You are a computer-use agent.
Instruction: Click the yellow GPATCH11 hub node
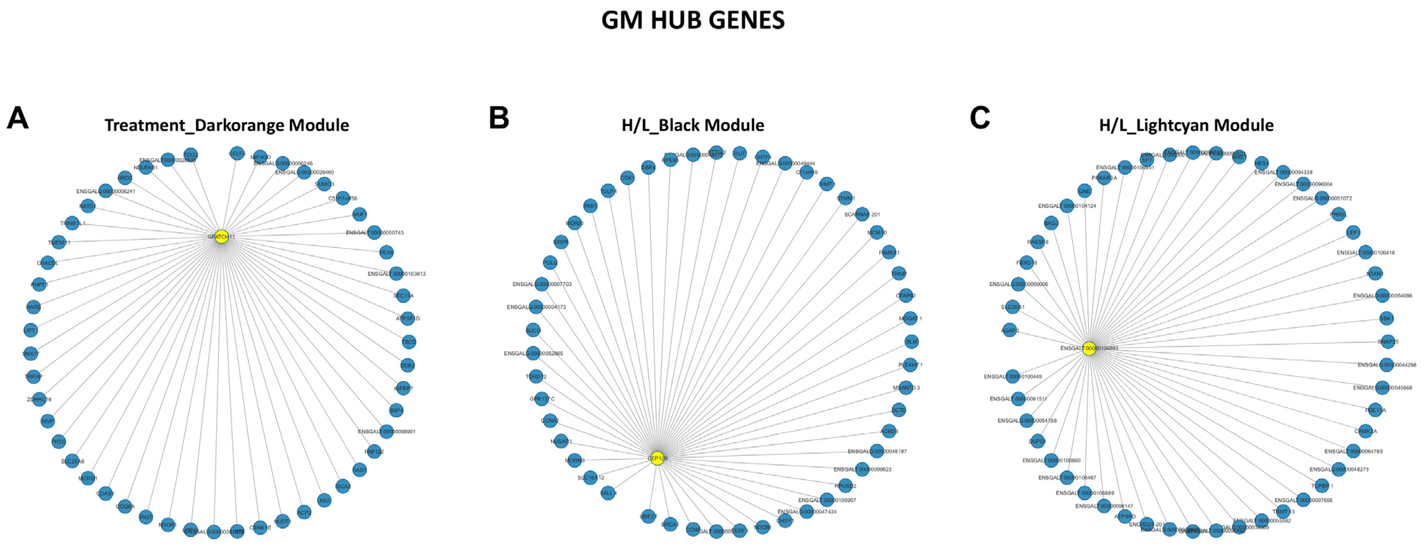pos(221,237)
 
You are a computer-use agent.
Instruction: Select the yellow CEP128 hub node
pos(657,458)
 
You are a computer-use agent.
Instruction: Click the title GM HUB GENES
pos(692,21)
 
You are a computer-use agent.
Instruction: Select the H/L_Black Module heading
pos(692,126)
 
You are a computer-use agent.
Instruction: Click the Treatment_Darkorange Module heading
pos(227,126)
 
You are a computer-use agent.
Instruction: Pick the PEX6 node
pos(387,253)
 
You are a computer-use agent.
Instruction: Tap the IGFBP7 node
pos(403,388)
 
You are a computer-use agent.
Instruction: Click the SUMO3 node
pos(324,184)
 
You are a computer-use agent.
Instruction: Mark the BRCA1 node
pos(670,524)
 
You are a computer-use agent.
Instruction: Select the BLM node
pos(911,342)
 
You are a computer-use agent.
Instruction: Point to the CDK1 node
pos(627,178)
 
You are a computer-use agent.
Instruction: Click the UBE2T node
pos(648,516)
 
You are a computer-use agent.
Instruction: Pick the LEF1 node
pos(1353,233)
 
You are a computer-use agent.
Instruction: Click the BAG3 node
pos(1051,223)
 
